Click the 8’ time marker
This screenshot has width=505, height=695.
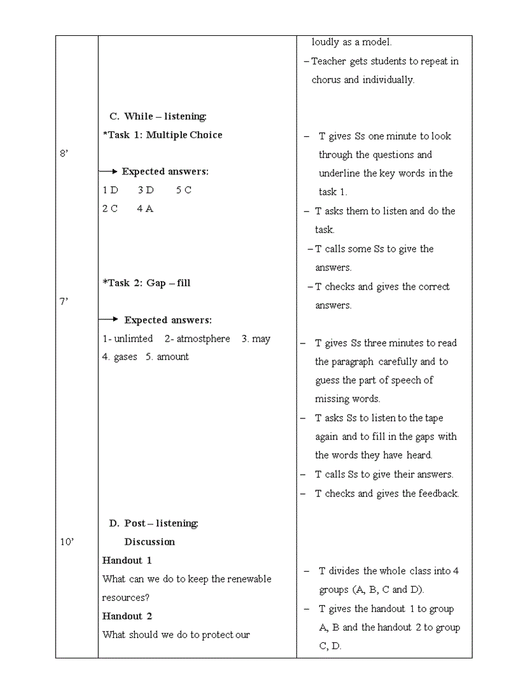[64, 153]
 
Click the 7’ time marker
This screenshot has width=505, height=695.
[64, 301]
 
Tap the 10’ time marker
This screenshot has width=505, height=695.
[67, 542]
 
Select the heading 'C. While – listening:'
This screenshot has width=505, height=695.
[158, 116]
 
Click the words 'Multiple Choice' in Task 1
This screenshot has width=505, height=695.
[184, 135]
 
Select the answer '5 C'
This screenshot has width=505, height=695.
[184, 190]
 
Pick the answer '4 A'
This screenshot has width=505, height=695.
[145, 209]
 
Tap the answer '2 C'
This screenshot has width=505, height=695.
[110, 209]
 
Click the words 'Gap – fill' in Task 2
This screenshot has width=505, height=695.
[168, 283]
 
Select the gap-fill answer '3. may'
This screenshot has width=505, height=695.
[256, 339]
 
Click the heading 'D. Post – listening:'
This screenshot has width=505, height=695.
[154, 524]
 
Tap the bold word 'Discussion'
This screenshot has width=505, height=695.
[150, 542]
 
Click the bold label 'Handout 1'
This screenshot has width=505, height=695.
[127, 561]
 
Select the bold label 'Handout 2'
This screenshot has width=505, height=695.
[127, 616]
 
